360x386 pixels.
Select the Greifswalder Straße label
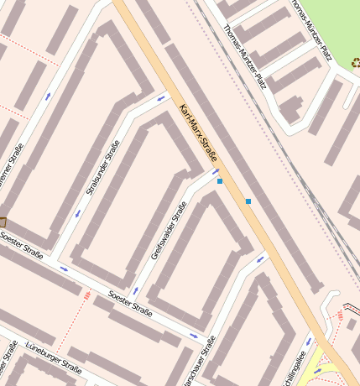coord(167,231)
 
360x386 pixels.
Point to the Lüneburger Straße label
coord(54,357)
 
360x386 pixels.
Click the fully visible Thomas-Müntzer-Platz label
coord(245,57)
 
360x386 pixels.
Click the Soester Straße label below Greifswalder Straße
coord(131,304)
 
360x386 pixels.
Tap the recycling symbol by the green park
coord(355,61)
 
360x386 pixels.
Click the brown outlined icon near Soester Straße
coord(2,222)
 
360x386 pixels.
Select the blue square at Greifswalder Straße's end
coord(220,181)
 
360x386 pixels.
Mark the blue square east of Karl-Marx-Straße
coord(248,201)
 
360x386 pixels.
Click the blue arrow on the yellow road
coord(317,371)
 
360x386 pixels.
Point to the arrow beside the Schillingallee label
coord(308,342)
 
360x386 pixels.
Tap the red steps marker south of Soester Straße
coord(87,295)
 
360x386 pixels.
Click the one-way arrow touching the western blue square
coord(215,172)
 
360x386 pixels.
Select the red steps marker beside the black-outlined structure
coord(340,315)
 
